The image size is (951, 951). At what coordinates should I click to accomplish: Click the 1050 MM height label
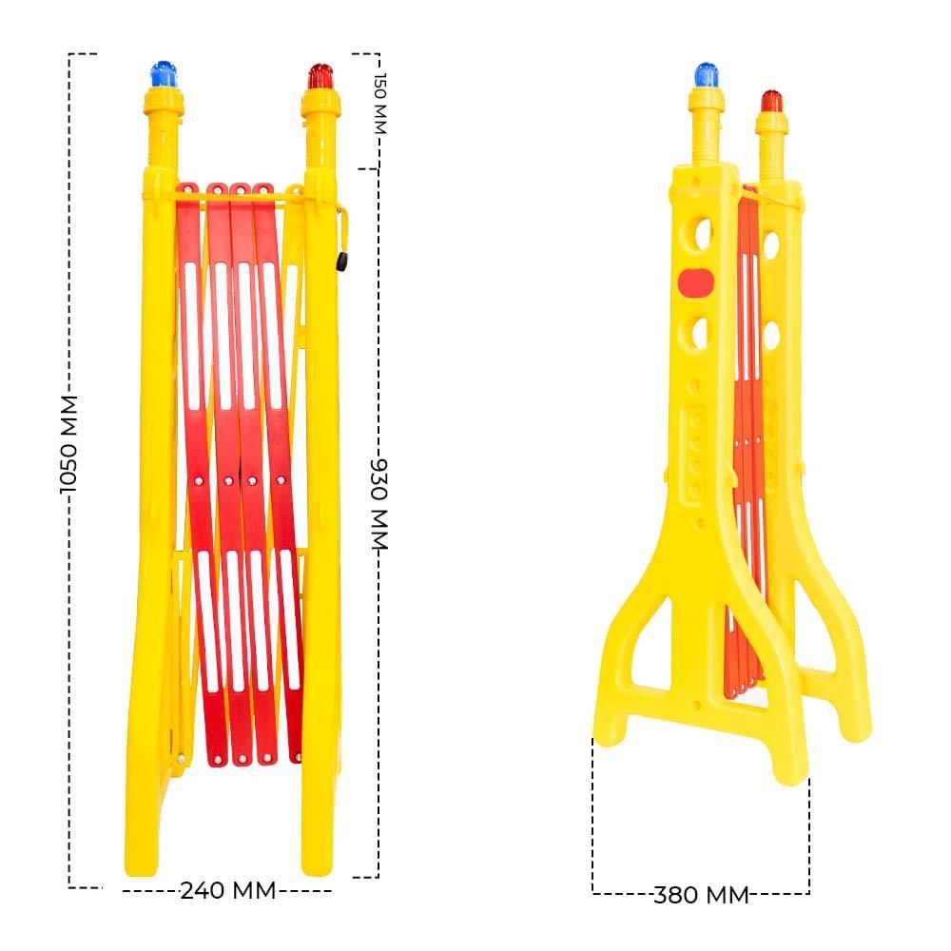coord(68,444)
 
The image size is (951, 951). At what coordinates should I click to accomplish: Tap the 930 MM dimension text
coord(379,505)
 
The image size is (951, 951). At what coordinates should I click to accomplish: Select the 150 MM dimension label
coord(379,103)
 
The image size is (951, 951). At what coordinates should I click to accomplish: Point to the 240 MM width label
coord(228,890)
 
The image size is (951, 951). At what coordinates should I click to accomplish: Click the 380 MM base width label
coord(701,895)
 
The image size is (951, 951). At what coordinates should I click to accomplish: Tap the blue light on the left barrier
coord(164,74)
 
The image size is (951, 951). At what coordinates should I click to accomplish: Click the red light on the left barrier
coord(320,76)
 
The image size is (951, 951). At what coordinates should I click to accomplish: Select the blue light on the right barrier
coord(706,75)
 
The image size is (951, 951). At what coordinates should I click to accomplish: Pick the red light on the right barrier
coord(772,102)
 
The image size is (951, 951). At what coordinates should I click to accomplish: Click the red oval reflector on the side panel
coord(696,283)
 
